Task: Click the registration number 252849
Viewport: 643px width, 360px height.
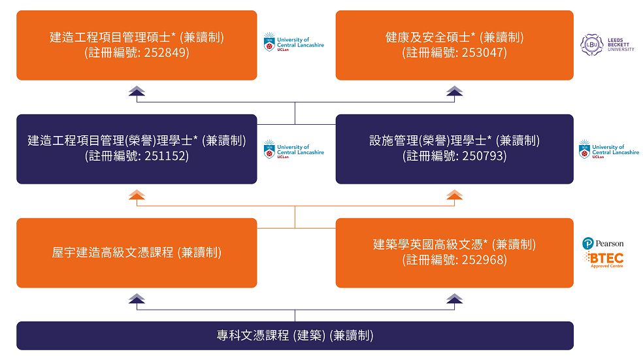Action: pyautogui.click(x=167, y=53)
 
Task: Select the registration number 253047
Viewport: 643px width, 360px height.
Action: pyautogui.click(x=484, y=53)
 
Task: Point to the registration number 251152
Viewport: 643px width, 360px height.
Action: pyautogui.click(x=167, y=156)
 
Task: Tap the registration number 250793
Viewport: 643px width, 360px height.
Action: pyautogui.click(x=484, y=156)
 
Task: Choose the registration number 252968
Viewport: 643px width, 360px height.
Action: pyautogui.click(x=484, y=260)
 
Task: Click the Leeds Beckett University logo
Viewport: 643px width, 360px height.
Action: pyautogui.click(x=607, y=44)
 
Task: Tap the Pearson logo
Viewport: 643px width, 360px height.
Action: pyautogui.click(x=602, y=244)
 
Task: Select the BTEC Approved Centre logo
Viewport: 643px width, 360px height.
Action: pyautogui.click(x=603, y=260)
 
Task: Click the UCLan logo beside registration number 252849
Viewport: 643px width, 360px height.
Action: pyautogui.click(x=293, y=42)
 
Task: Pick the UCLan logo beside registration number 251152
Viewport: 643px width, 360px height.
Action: pyautogui.click(x=293, y=149)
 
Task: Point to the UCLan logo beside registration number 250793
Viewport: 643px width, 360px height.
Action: pyautogui.click(x=609, y=149)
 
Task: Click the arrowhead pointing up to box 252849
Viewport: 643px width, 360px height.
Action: pyautogui.click(x=137, y=91)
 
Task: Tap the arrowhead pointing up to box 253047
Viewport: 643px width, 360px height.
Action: pyautogui.click(x=454, y=91)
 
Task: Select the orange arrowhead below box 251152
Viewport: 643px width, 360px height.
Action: pyautogui.click(x=137, y=195)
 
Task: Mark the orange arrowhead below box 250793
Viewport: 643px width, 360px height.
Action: pyautogui.click(x=454, y=195)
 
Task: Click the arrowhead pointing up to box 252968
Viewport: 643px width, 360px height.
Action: pyautogui.click(x=454, y=299)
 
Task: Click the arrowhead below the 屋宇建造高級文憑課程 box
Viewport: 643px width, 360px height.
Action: pyautogui.click(x=137, y=299)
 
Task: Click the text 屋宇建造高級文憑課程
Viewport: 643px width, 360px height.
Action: pyautogui.click(x=113, y=253)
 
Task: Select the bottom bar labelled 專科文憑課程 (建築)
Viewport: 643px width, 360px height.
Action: pyautogui.click(x=295, y=336)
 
